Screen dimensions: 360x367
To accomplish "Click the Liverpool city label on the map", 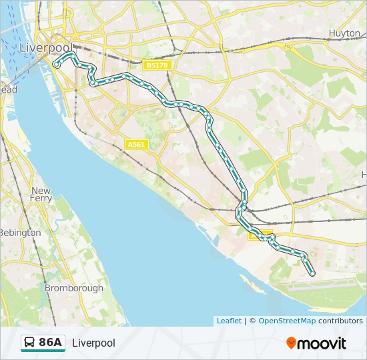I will (45, 48).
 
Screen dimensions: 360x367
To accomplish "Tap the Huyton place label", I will (345, 32).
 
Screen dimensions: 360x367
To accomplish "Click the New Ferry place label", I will (41, 195).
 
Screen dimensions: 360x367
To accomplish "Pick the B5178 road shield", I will (157, 65).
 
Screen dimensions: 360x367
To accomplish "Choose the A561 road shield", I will (135, 144).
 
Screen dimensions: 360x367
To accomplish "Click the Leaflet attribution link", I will (229, 321).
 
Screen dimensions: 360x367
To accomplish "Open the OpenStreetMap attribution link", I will (287, 321).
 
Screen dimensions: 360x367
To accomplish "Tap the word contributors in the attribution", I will (340, 321).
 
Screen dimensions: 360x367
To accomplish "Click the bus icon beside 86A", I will (30, 343).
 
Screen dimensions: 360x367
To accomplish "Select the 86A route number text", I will (51, 343).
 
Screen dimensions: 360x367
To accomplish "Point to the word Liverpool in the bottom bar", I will (93, 343).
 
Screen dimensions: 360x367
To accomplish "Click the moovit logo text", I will (322, 343).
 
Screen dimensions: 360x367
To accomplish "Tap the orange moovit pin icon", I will (292, 343).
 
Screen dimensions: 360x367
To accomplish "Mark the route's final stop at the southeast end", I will (312, 273).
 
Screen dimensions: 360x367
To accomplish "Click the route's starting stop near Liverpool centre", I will (57, 65).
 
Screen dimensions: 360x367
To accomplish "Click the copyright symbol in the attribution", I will (252, 321).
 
